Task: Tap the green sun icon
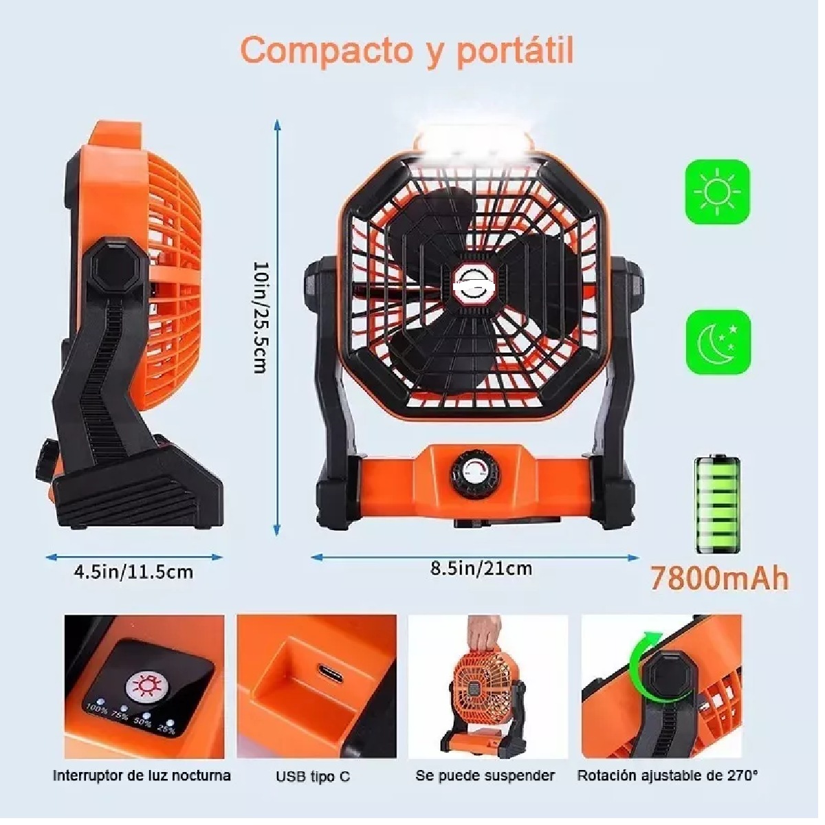click(718, 192)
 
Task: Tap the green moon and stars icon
click(718, 342)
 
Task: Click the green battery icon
click(718, 504)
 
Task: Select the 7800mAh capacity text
click(719, 578)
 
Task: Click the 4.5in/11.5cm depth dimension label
click(133, 571)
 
